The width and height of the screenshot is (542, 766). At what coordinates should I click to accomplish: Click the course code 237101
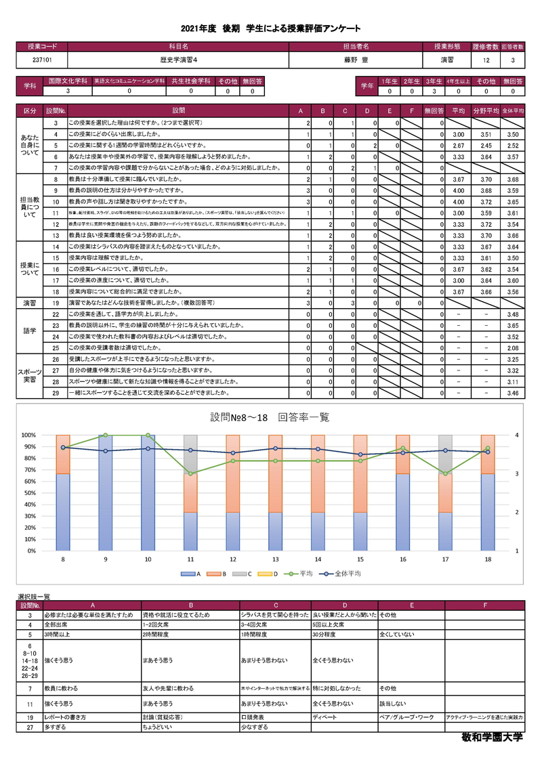coord(41,60)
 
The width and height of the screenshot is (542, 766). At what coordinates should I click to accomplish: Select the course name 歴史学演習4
coord(178,60)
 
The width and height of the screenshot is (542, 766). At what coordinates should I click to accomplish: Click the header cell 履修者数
coord(485,47)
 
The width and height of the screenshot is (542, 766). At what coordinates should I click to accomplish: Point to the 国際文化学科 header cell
coord(67,81)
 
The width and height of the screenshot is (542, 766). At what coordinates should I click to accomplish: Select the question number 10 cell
coord(55,201)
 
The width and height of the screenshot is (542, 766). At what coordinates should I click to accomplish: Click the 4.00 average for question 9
coord(458,190)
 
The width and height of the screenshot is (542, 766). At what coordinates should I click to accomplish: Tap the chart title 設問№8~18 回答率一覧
coord(270,417)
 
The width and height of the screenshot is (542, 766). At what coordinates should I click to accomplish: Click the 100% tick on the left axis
coord(28,435)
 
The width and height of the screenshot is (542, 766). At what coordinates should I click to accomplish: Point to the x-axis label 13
coord(275,559)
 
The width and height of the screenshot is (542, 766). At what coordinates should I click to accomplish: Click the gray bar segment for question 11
coord(190,453)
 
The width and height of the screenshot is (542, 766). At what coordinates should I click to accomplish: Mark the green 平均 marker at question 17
coord(444,473)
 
